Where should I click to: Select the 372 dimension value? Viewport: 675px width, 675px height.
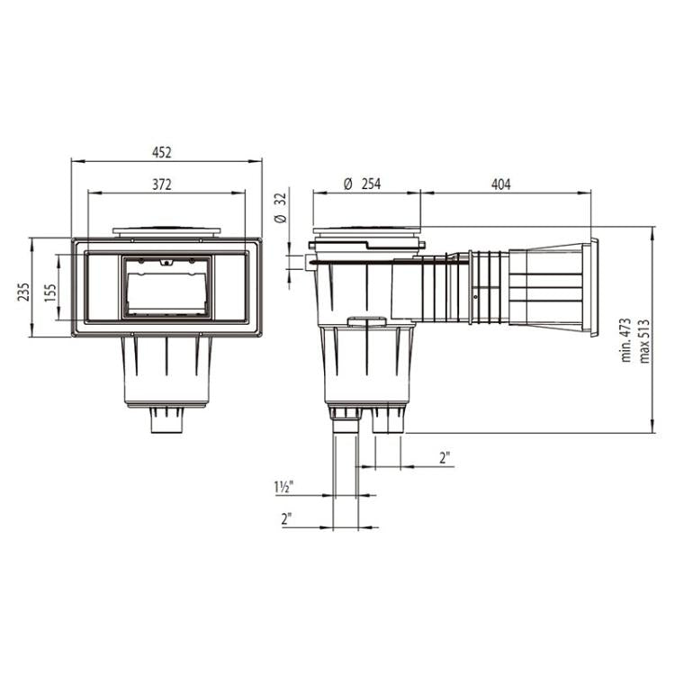pyautogui.click(x=162, y=184)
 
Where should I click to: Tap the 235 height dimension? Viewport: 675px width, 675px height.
pyautogui.click(x=24, y=292)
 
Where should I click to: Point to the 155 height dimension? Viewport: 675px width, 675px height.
pyautogui.click(x=51, y=293)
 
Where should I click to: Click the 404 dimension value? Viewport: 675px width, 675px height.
pyautogui.click(x=500, y=184)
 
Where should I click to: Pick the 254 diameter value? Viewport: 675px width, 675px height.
pyautogui.click(x=371, y=184)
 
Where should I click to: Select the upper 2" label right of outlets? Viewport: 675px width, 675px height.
pyautogui.click(x=445, y=457)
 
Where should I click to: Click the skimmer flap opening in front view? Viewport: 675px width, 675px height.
pyautogui.click(x=166, y=288)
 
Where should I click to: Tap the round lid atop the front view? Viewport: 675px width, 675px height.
pyautogui.click(x=166, y=231)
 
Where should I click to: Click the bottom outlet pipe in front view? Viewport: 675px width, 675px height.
pyautogui.click(x=166, y=420)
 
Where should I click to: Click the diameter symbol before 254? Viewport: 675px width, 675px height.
pyautogui.click(x=347, y=184)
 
